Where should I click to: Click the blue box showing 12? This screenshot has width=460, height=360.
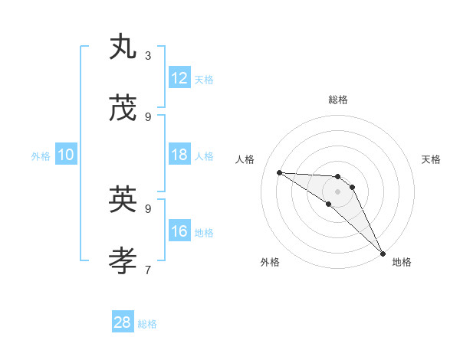pos(179,78)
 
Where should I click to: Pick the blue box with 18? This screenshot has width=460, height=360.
pos(179,155)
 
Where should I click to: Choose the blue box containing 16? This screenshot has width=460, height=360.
pos(179,231)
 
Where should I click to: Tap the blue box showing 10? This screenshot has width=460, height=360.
pos(66,155)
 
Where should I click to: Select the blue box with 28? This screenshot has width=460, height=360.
pos(123,322)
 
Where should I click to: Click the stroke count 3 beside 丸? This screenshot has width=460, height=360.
pos(148,56)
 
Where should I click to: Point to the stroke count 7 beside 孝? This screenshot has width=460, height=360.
pos(148,270)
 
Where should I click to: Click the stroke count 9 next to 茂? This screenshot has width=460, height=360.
pos(148,117)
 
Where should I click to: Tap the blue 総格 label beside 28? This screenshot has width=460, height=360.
pos(147,324)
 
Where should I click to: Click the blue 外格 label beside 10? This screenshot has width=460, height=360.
pos(41,155)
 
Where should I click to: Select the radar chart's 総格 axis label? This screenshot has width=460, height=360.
pos(338,100)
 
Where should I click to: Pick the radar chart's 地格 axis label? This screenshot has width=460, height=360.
pos(402,262)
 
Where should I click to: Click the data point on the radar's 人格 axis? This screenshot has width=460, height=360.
pos(279,172)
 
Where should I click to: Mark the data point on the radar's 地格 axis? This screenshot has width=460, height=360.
pos(383,253)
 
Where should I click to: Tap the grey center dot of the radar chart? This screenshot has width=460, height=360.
pos(338,191)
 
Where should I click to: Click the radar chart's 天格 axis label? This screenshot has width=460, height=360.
pos(432,159)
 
